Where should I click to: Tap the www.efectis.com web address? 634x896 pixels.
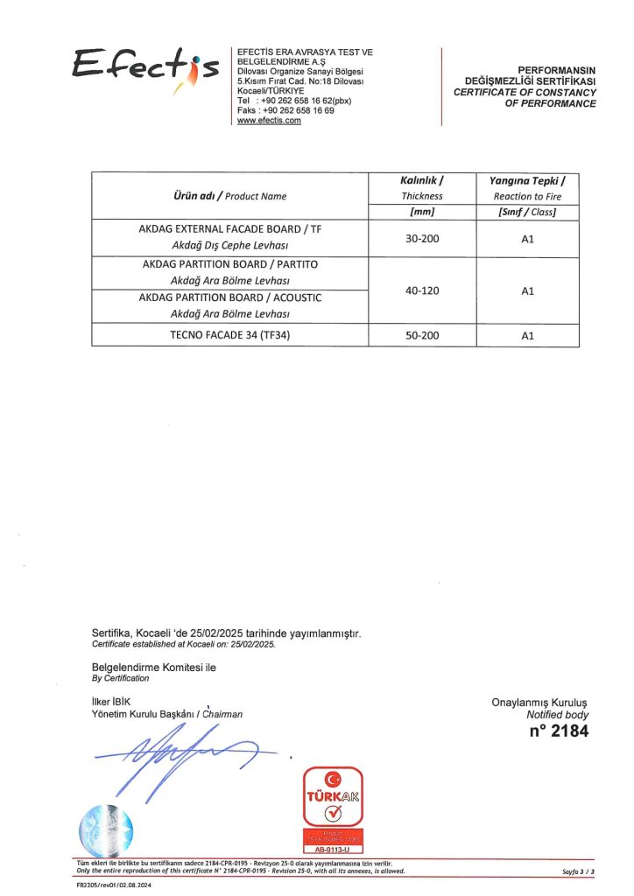coord(269,121)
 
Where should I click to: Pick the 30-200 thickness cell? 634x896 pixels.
coord(422,238)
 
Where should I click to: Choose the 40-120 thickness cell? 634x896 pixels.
coord(422,290)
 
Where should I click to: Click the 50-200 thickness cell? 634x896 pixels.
coord(422,335)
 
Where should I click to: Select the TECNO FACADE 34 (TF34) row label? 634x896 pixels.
coord(229,335)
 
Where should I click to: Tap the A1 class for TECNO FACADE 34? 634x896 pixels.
coord(527,335)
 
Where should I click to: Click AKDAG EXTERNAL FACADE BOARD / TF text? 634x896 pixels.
coord(229,229)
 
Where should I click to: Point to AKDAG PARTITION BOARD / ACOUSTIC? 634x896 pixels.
coord(229,297)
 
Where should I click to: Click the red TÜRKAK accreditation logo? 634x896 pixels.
coord(332,810)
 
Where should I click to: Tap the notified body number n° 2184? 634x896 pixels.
coord(559,731)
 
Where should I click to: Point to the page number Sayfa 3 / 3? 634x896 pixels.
coord(578,872)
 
